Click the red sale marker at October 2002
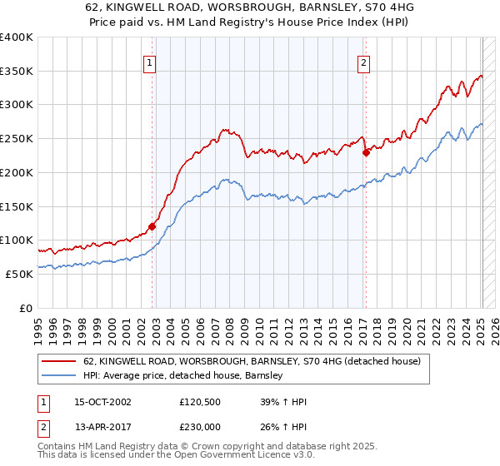click(x=152, y=226)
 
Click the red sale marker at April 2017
click(x=366, y=151)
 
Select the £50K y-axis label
click(x=18, y=274)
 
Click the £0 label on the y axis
click(x=25, y=308)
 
